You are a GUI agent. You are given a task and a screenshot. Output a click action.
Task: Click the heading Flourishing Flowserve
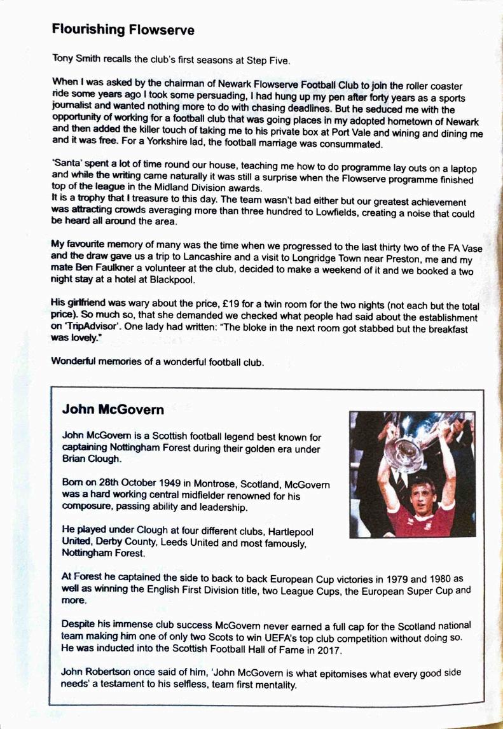click(x=123, y=30)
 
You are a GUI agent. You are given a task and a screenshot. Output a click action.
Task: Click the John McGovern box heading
click(x=113, y=410)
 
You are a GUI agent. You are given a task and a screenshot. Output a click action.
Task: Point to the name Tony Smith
click(x=76, y=60)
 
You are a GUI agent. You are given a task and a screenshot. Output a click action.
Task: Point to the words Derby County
click(x=127, y=543)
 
